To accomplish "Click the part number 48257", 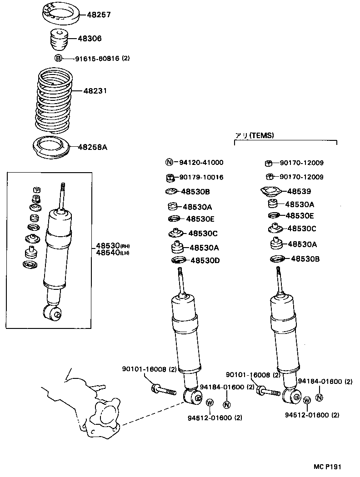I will point(96,15).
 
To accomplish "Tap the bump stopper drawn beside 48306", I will point(58,39).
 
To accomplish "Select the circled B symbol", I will point(58,58).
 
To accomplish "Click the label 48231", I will point(95,91).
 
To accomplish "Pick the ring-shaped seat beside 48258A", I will point(51,148).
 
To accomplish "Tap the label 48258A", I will point(92,147).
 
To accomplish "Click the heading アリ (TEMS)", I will point(255,135).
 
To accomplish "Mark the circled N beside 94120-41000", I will point(169,162).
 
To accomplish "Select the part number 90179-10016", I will point(201,177).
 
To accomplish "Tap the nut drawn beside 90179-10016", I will point(169,177).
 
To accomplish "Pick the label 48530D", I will point(205,260).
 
